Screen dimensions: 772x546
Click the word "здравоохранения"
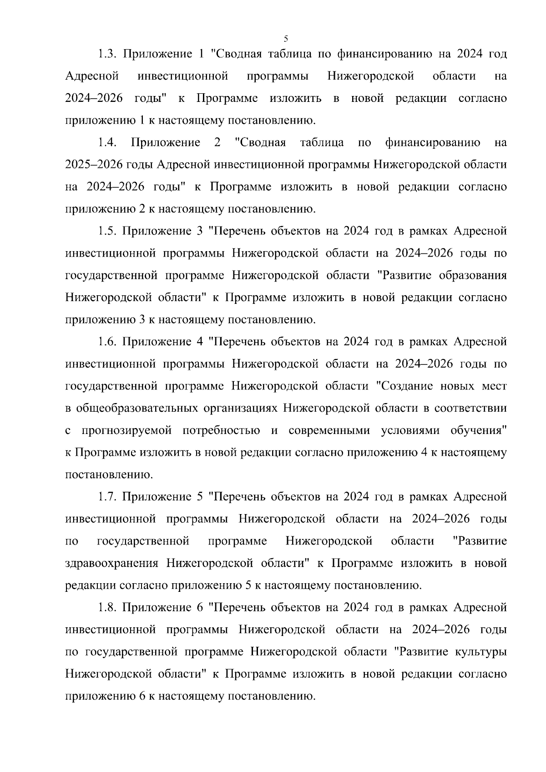(112, 564)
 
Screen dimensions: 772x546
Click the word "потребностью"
(221, 431)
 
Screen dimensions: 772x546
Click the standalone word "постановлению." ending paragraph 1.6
(109, 475)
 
